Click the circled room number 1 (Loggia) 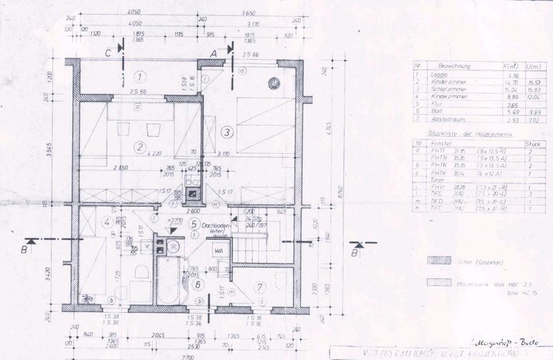(x=141, y=76)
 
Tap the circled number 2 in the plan (x=139, y=147)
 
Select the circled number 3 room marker (x=228, y=132)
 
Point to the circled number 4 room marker (x=108, y=221)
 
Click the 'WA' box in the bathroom (x=219, y=251)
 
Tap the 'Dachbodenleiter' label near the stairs (x=216, y=228)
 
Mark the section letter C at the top (x=108, y=52)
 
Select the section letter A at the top (x=214, y=52)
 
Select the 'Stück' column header (x=532, y=143)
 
